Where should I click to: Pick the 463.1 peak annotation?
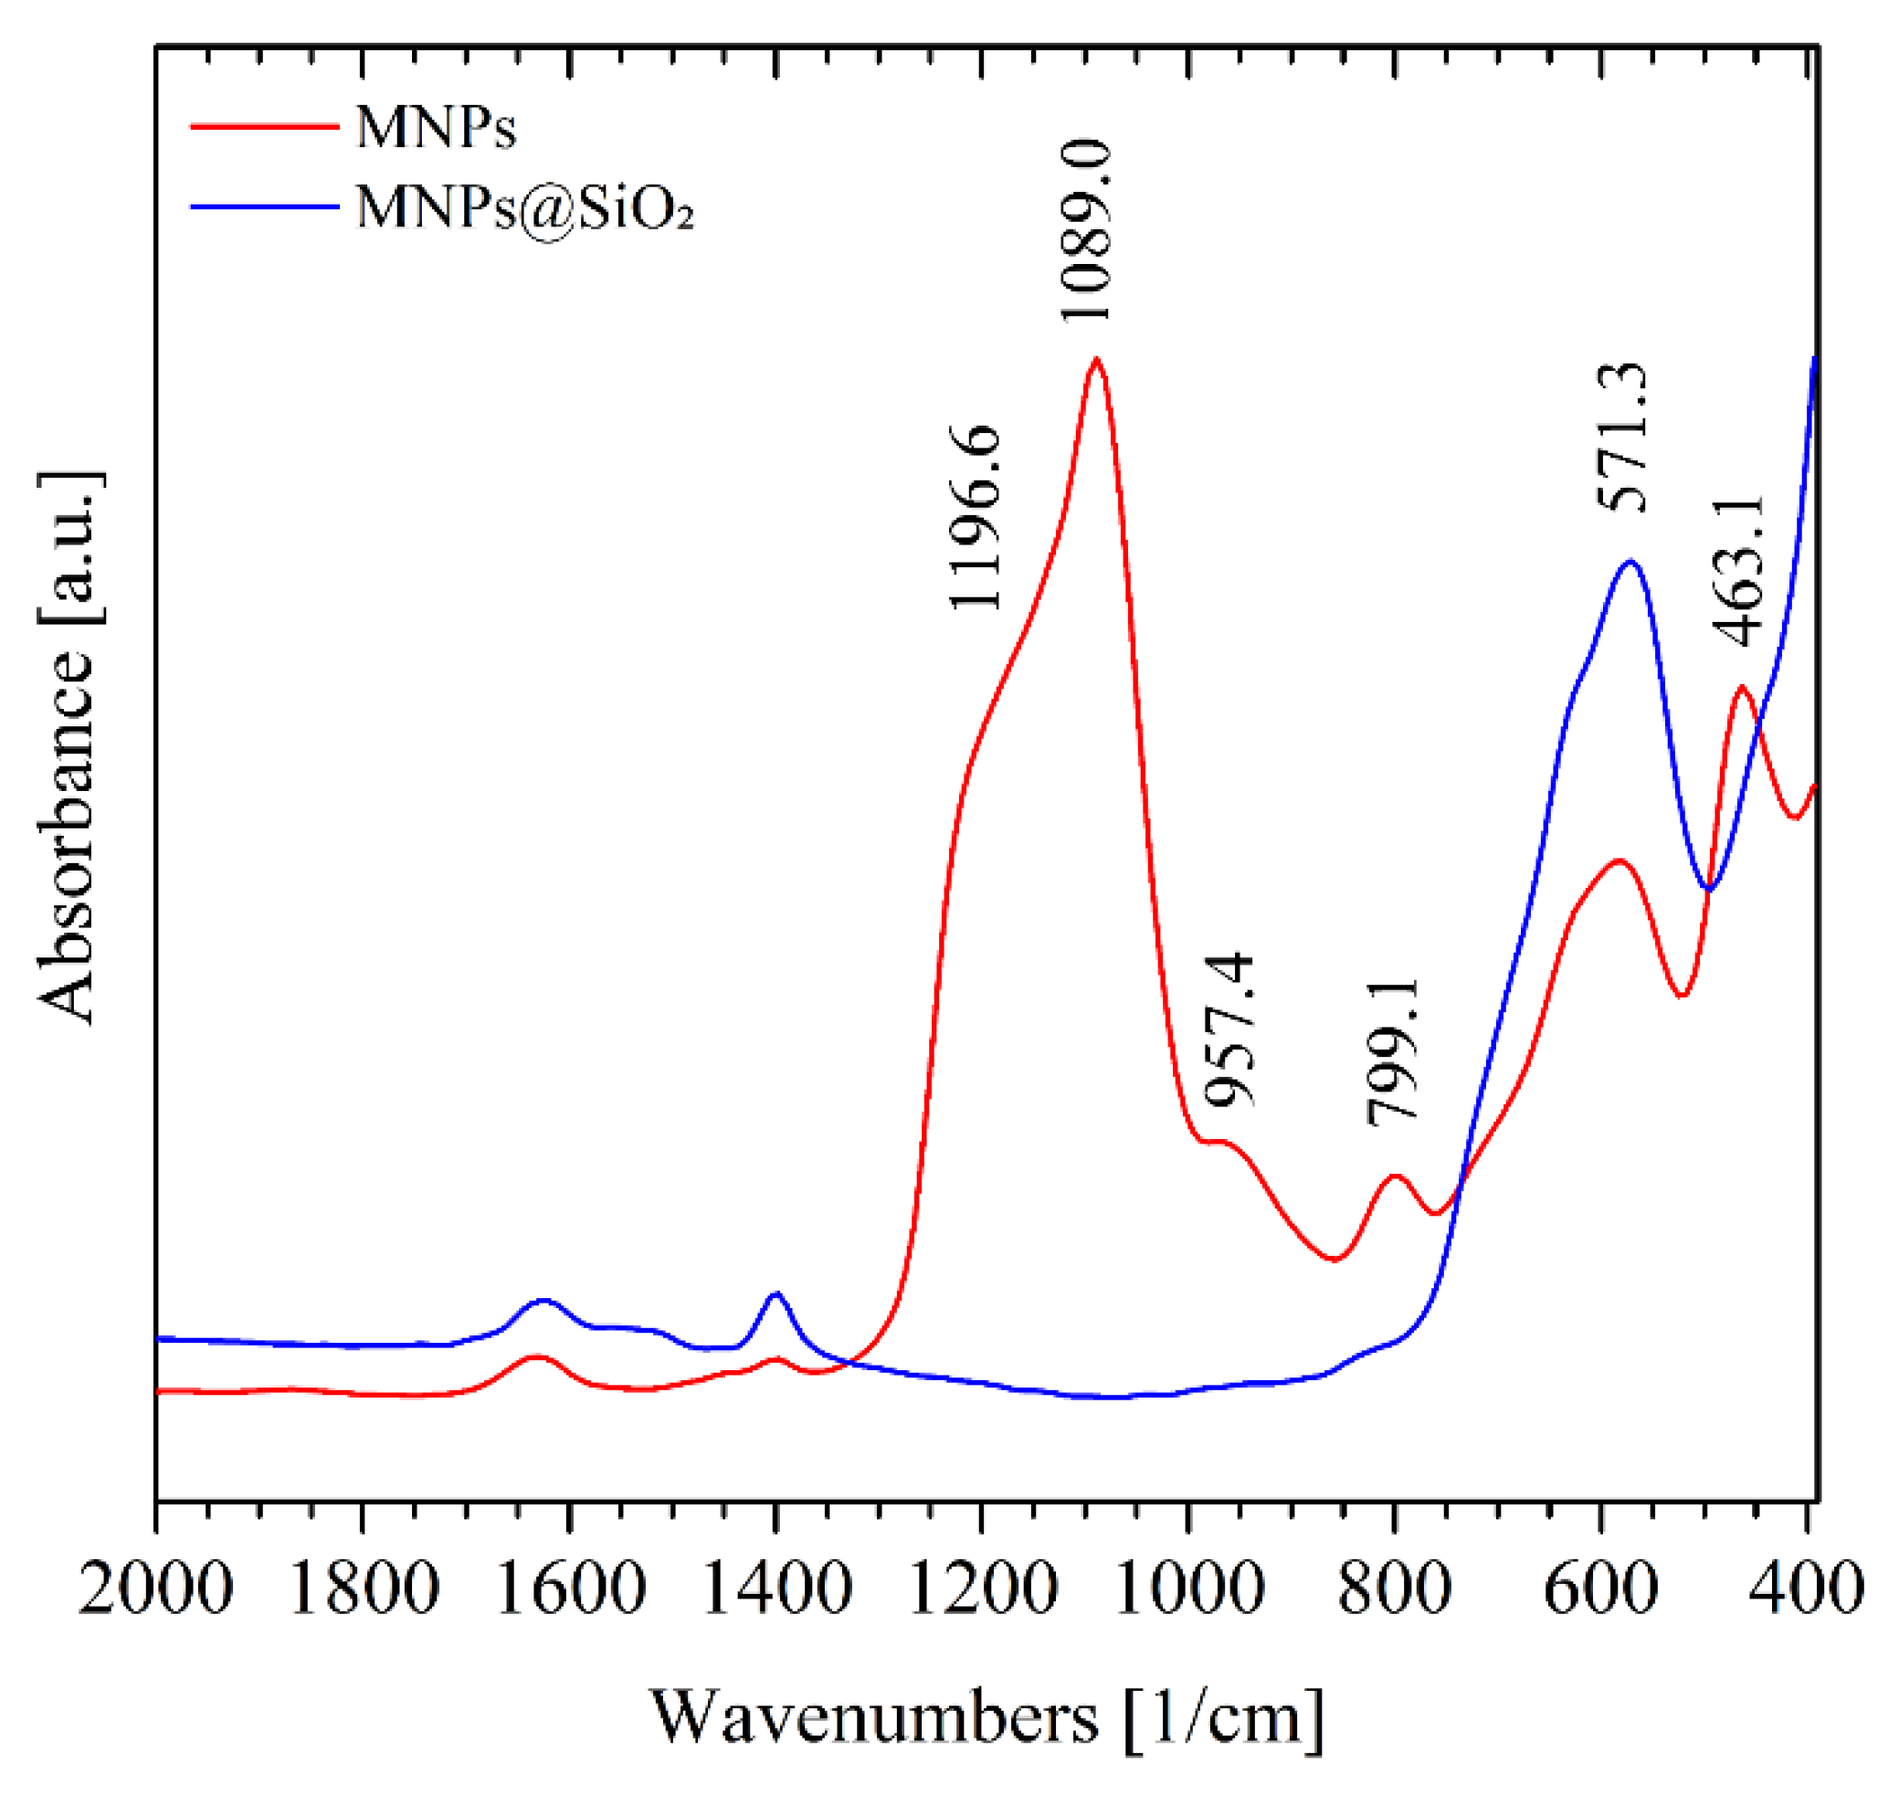(x=1737, y=573)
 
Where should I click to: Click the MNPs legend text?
(x=436, y=127)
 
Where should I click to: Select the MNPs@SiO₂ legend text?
(x=524, y=206)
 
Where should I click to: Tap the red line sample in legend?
(x=265, y=126)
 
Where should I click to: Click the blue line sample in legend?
(x=265, y=206)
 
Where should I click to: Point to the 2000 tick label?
(x=155, y=1588)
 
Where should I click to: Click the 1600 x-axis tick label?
(x=569, y=1588)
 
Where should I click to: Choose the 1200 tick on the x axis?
(x=982, y=1588)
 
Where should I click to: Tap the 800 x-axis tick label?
(x=1395, y=1588)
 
